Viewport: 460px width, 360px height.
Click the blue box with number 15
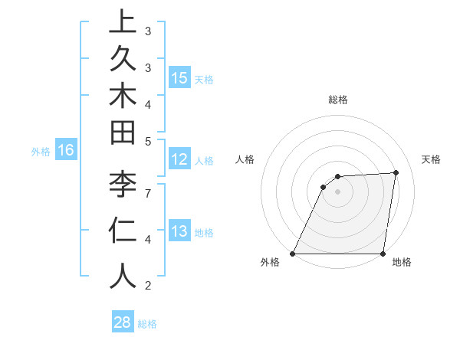click(x=179, y=77)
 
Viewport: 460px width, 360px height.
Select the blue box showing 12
click(x=179, y=159)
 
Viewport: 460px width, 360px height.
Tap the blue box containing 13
click(x=179, y=231)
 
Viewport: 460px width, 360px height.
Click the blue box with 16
click(x=66, y=150)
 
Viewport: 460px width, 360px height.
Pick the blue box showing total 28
click(x=123, y=322)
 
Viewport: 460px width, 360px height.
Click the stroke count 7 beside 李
click(x=147, y=191)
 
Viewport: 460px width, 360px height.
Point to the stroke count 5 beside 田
click(x=147, y=141)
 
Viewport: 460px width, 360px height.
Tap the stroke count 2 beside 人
click(x=147, y=286)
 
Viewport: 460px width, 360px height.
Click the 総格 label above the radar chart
click(x=337, y=100)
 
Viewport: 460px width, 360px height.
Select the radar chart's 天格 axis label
click(x=431, y=159)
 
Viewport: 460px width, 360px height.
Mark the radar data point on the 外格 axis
click(x=293, y=254)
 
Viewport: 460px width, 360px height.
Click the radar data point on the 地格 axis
click(x=383, y=254)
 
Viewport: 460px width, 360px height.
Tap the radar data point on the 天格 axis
click(x=396, y=172)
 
